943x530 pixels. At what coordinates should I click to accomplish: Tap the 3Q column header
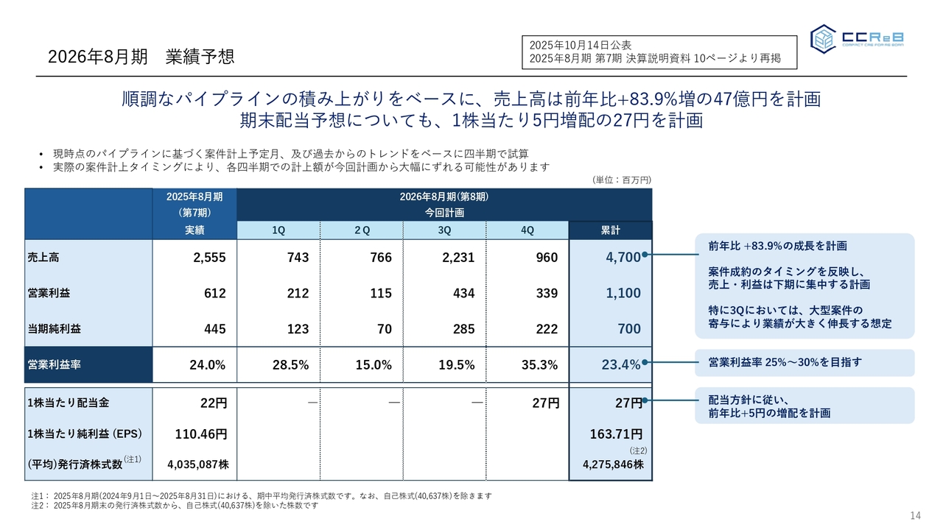tap(445, 230)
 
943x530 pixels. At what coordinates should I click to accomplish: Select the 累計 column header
tap(610, 230)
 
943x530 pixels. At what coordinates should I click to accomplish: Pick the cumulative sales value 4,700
tap(623, 258)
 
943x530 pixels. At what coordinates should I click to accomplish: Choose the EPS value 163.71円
tap(616, 434)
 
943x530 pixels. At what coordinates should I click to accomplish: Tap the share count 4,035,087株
tap(198, 464)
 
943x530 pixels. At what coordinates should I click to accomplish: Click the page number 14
tap(916, 515)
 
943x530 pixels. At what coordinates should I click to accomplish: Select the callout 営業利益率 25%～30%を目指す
tap(785, 362)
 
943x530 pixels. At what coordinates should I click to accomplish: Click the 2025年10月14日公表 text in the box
tap(580, 46)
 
